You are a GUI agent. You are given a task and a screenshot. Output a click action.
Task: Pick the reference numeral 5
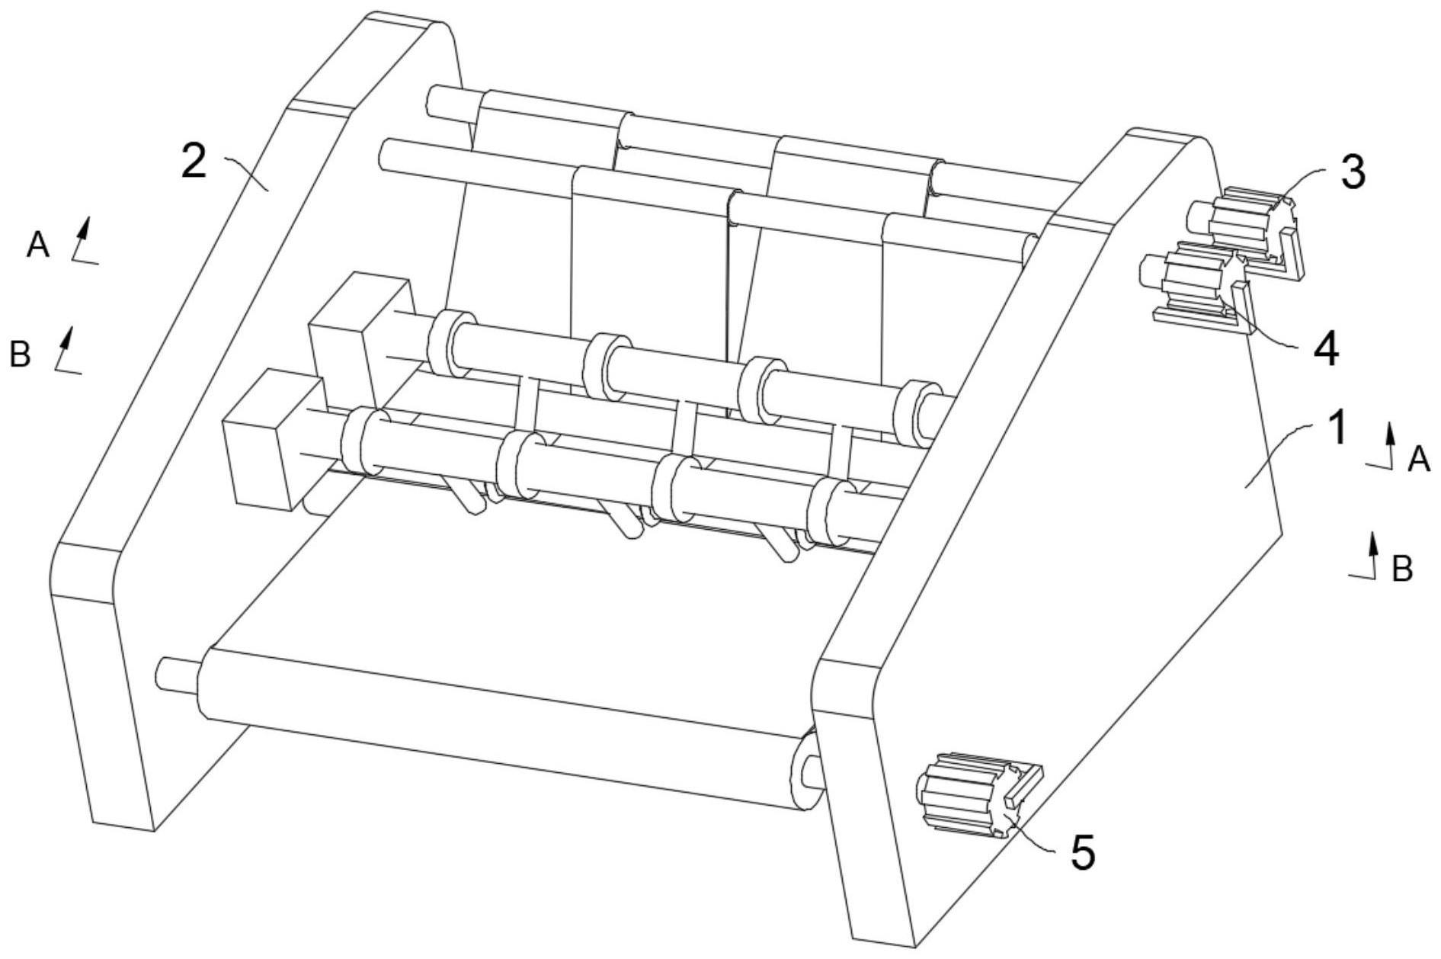[x=1083, y=852]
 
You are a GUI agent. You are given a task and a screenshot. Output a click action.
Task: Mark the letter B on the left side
[x=20, y=354]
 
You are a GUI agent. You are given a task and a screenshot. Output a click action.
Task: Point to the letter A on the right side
[x=1418, y=459]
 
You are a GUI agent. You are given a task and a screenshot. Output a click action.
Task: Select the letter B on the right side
[x=1402, y=569]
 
